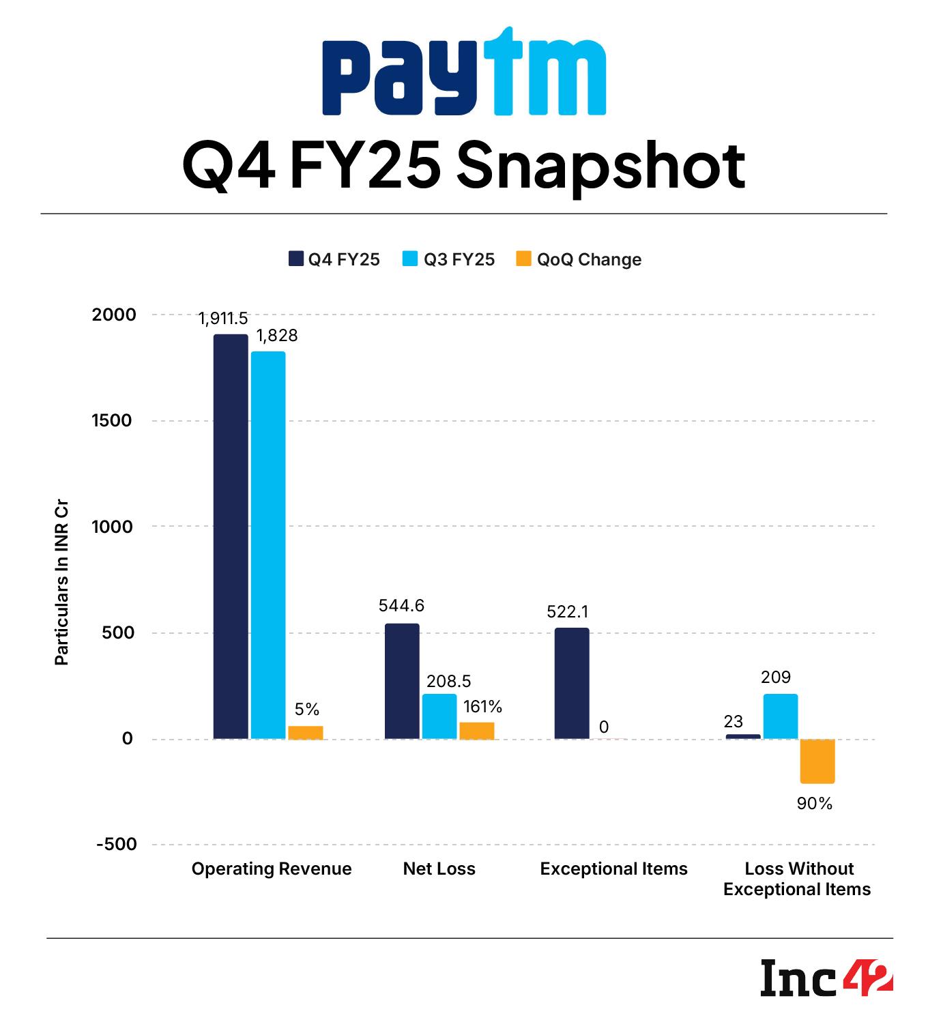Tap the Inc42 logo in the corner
tap(826, 978)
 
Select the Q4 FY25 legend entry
tap(334, 259)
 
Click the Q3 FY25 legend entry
tap(448, 259)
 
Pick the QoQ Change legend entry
tap(579, 259)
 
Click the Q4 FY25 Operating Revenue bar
tap(231, 536)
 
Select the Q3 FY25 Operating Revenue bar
tap(268, 544)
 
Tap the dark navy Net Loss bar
tap(402, 681)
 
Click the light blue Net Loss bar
tap(439, 716)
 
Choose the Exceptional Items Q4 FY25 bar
tap(572, 683)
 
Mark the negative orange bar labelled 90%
tap(817, 761)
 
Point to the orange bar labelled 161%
tap(477, 730)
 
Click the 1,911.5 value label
tap(223, 319)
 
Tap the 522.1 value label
tap(567, 612)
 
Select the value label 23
tap(734, 721)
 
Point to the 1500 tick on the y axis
tap(112, 420)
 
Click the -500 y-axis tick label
tap(116, 844)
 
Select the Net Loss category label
tap(439, 869)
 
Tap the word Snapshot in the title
tap(601, 166)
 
